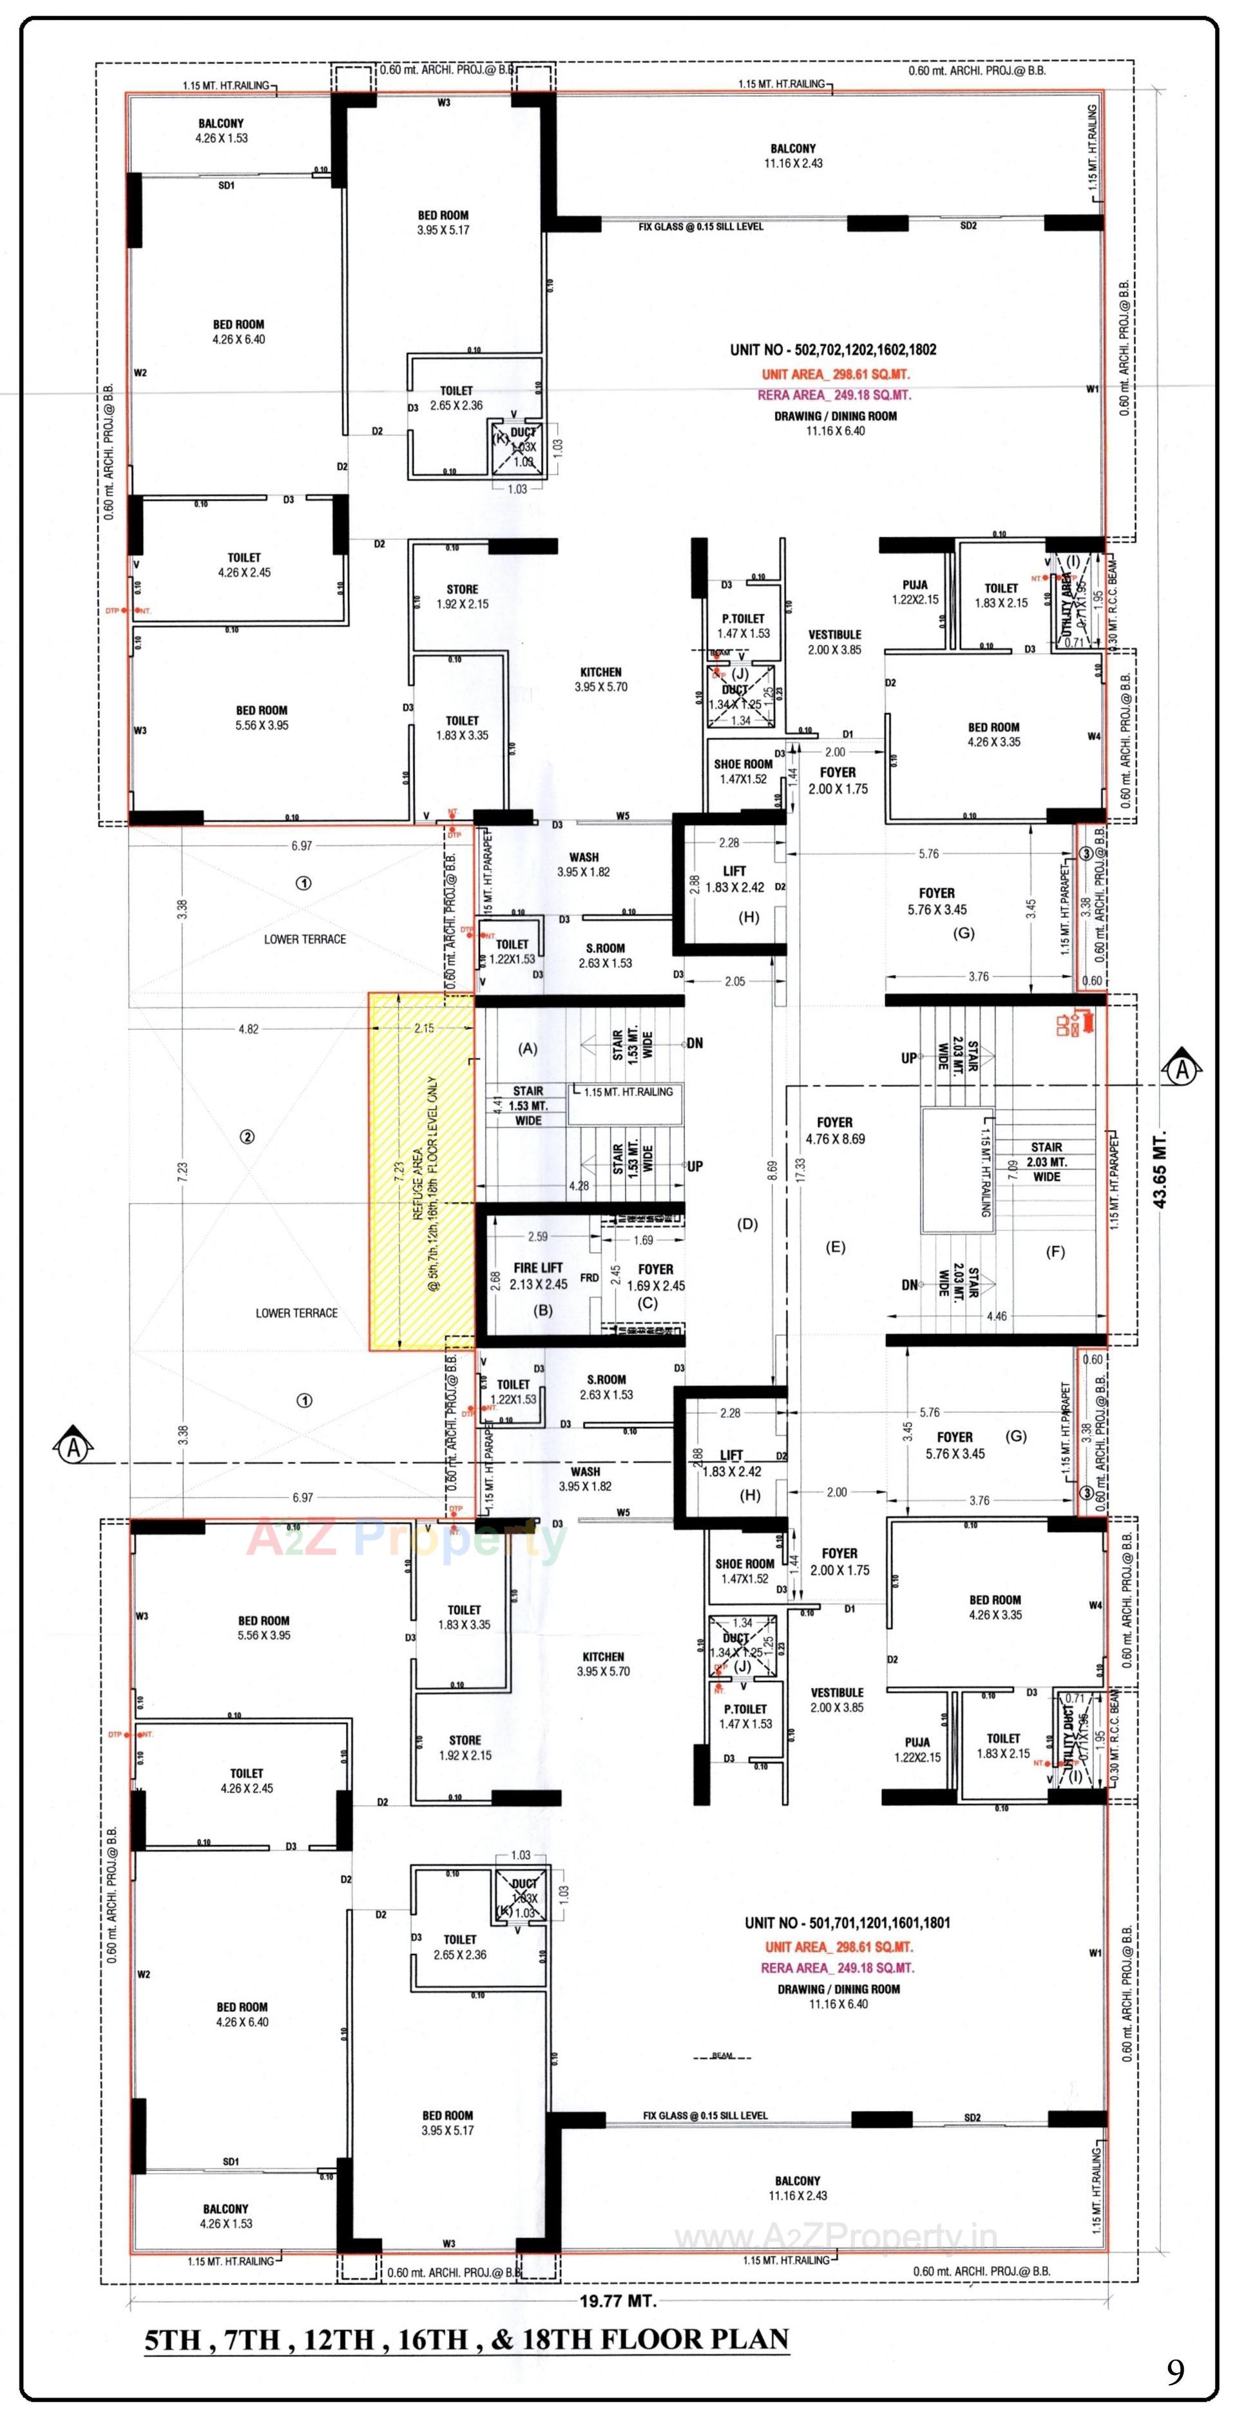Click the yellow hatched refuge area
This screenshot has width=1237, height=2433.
tap(421, 1171)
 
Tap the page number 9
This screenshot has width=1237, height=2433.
tap(1175, 2372)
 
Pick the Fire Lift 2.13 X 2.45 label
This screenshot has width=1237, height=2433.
tap(538, 1276)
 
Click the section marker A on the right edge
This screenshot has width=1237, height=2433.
tap(1182, 1070)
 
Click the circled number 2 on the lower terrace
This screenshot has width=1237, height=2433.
tap(247, 1137)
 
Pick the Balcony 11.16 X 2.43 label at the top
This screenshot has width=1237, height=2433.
tap(792, 156)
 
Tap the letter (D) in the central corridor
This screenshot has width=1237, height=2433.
tap(747, 1224)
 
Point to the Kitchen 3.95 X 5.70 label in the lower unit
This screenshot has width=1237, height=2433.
tap(603, 1663)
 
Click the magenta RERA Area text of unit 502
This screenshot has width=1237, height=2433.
tap(834, 395)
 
